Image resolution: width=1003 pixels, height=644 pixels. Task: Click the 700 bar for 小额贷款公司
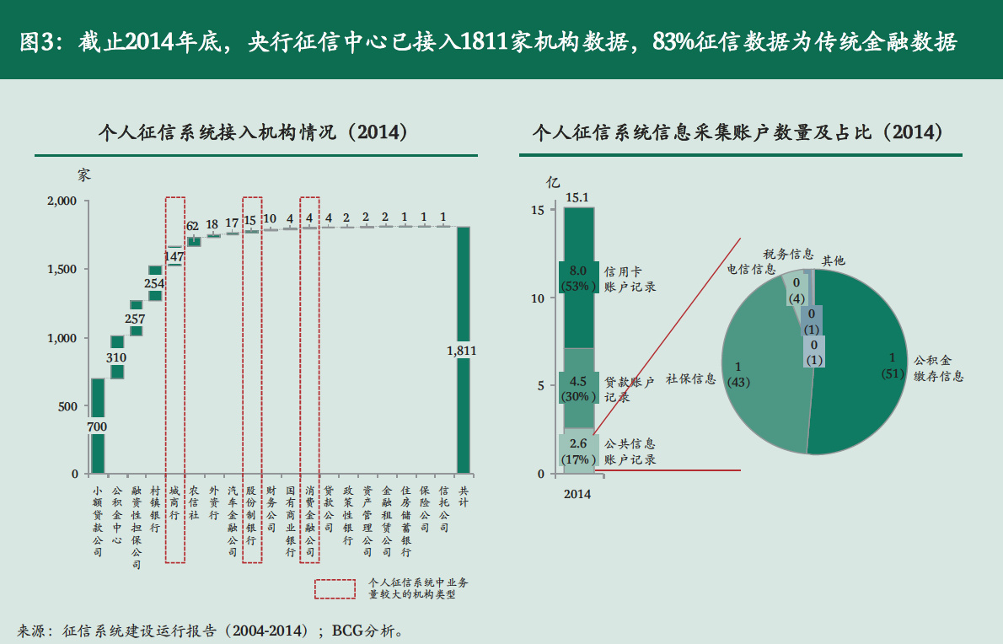(98, 426)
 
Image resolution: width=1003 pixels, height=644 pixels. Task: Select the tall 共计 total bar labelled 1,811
(464, 350)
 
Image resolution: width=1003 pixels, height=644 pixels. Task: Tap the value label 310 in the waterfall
(117, 357)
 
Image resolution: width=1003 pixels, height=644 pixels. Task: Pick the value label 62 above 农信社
(193, 226)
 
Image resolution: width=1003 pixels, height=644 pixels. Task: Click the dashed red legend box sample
(334, 588)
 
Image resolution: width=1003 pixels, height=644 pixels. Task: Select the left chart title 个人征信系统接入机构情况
(253, 132)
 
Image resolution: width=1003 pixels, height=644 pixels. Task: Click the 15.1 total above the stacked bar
(577, 198)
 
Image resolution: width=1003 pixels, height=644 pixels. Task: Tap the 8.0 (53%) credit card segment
(578, 278)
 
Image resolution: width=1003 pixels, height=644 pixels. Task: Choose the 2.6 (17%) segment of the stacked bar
(578, 451)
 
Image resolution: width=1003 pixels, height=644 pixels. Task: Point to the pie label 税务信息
(788, 254)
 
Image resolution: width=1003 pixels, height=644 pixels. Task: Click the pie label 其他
(833, 261)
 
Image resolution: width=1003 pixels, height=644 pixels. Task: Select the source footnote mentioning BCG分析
(211, 630)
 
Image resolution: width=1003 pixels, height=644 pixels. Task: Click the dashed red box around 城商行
(175, 379)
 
